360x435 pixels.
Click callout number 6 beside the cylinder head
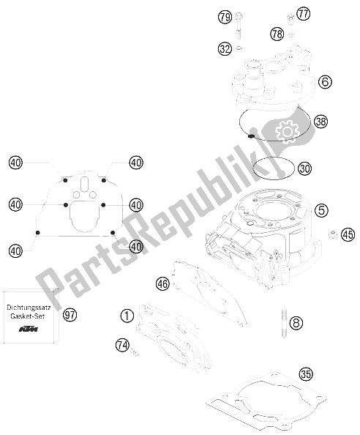tap(326, 83)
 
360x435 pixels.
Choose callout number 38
tap(320, 121)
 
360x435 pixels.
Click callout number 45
tap(347, 235)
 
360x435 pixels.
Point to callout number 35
tap(306, 376)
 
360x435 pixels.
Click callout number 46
tap(162, 282)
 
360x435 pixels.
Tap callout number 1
tap(127, 316)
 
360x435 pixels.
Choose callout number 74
tap(122, 344)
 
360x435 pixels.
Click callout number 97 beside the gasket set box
tap(70, 316)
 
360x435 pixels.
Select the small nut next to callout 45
tap(331, 235)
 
